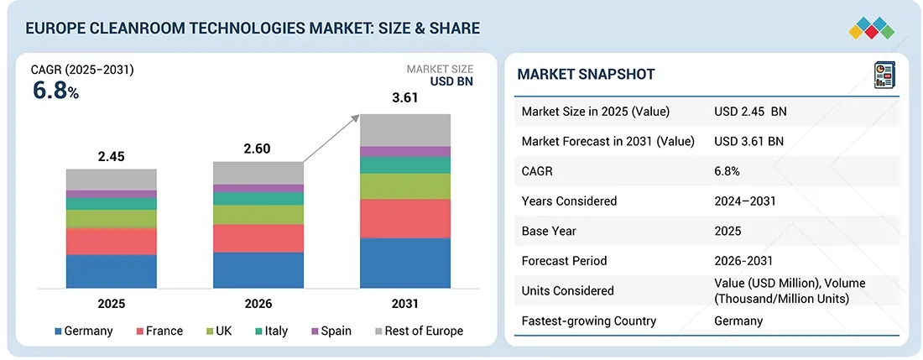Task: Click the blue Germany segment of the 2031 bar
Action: tap(405, 263)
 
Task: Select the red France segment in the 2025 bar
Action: tap(112, 242)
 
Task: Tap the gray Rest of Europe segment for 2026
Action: tap(258, 173)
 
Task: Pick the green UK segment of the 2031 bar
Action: tap(405, 186)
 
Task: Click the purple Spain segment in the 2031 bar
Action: tap(405, 151)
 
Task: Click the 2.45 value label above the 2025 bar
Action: tap(112, 156)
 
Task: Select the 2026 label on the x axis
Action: tap(258, 303)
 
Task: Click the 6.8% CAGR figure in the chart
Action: tap(55, 91)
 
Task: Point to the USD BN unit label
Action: tap(451, 82)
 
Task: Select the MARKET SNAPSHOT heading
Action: tap(586, 75)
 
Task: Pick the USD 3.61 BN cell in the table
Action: tap(748, 141)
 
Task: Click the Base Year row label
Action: tap(549, 231)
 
